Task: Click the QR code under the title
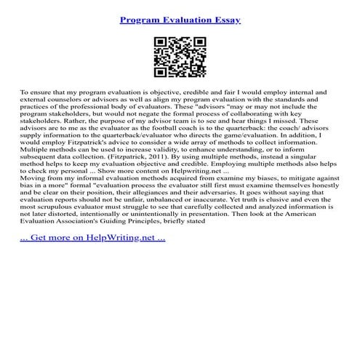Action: (x=180, y=58)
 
